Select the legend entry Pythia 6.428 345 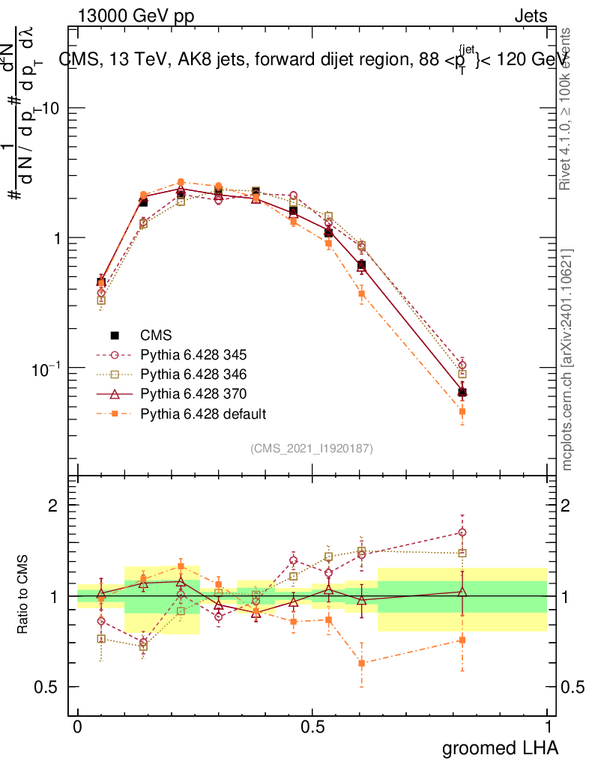pyautogui.click(x=193, y=354)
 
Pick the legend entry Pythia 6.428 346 pyautogui.click(x=193, y=374)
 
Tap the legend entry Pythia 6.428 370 pyautogui.click(x=193, y=393)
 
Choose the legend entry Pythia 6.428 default pyautogui.click(x=203, y=413)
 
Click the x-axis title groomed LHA pyautogui.click(x=500, y=748)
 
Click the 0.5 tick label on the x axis pyautogui.click(x=312, y=727)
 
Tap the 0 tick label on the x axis pyautogui.click(x=78, y=727)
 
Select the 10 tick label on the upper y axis pyautogui.click(x=51, y=108)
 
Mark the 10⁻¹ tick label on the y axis pyautogui.click(x=46, y=367)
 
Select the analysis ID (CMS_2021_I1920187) pyautogui.click(x=312, y=448)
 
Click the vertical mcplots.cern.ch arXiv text pyautogui.click(x=567, y=360)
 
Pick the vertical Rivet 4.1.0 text pyautogui.click(x=567, y=109)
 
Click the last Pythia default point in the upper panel pyautogui.click(x=462, y=411)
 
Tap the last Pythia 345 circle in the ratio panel pyautogui.click(x=462, y=533)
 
